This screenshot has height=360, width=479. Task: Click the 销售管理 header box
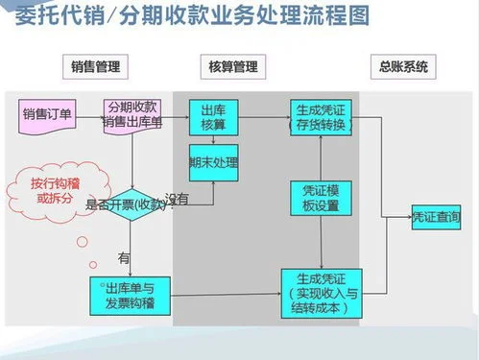(x=94, y=67)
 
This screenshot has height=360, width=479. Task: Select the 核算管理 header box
(x=232, y=67)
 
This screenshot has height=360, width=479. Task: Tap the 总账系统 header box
(x=401, y=67)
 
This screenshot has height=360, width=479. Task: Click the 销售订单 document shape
(x=47, y=115)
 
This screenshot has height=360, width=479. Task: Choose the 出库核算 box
(x=213, y=115)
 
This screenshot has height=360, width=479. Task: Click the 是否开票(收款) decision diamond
(x=132, y=204)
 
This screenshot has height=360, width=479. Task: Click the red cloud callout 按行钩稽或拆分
(x=45, y=188)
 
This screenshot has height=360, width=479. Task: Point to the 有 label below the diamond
(x=123, y=257)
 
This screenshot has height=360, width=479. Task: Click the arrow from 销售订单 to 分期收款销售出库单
(x=90, y=116)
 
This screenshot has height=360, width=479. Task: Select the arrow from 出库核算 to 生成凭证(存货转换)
(x=264, y=114)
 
